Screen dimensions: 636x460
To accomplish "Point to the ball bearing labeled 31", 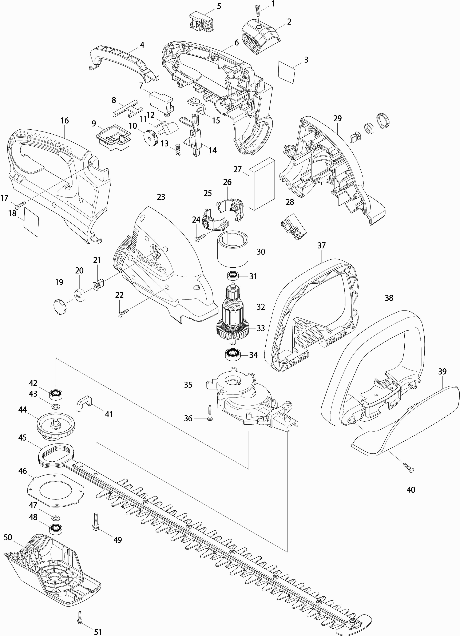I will [233, 276].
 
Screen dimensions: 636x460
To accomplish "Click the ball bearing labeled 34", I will [233, 355].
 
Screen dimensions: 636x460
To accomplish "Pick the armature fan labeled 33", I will [233, 329].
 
